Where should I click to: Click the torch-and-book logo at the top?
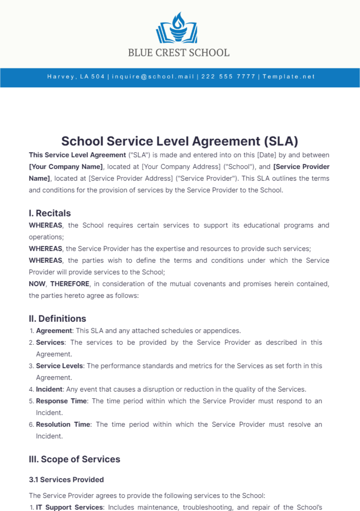click(177, 28)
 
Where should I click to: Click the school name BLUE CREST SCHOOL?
click(179, 53)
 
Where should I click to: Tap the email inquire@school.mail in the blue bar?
click(153, 77)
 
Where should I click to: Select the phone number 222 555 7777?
click(228, 77)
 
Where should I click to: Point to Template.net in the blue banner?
click(289, 77)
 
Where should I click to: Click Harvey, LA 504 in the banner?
click(76, 77)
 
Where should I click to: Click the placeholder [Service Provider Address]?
click(130, 178)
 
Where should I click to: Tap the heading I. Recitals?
click(50, 213)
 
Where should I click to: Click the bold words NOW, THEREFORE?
click(59, 284)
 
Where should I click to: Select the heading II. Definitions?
click(57, 319)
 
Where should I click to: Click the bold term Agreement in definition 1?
click(54, 331)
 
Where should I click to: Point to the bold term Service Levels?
click(59, 366)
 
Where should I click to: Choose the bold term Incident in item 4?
click(49, 389)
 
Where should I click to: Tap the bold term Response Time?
click(61, 401)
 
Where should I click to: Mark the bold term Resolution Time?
click(63, 424)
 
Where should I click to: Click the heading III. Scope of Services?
click(74, 459)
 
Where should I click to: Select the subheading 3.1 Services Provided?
click(66, 480)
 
